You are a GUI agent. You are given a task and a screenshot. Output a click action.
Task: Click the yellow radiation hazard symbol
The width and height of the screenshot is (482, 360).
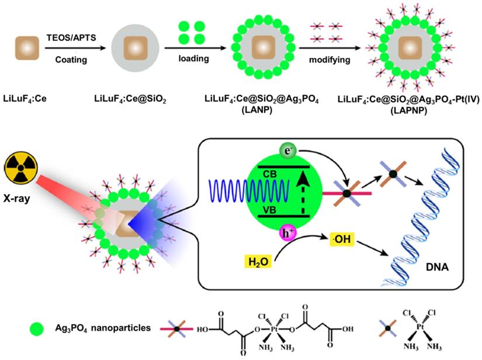pos(21,168)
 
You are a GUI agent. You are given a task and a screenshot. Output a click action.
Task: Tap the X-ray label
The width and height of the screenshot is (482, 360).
pos(17,198)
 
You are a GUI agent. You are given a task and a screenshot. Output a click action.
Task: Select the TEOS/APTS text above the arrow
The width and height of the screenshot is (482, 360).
pos(71,37)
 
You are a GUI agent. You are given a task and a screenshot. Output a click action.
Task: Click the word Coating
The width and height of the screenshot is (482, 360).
pos(71,60)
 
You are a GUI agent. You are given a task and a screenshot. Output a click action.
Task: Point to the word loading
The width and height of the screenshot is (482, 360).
pos(193,58)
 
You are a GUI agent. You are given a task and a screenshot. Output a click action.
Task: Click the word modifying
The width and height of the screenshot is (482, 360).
pos(330,60)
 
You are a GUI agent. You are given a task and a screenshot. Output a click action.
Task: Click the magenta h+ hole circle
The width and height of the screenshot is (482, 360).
pos(287,233)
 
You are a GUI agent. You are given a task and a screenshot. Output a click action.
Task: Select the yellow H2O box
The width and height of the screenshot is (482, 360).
pos(258,262)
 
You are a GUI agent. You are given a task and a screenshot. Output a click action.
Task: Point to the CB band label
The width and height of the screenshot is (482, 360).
pos(269,174)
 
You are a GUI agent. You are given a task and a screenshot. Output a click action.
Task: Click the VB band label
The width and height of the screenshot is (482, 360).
pos(269,210)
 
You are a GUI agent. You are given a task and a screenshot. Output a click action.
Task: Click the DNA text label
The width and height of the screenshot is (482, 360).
pos(437,267)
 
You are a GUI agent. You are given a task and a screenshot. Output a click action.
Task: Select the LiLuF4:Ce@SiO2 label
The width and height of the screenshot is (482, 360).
pos(130,99)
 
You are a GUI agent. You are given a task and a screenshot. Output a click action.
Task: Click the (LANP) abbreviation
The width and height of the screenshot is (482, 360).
pos(257,110)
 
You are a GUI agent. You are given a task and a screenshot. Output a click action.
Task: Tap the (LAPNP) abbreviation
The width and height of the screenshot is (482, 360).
pos(409,110)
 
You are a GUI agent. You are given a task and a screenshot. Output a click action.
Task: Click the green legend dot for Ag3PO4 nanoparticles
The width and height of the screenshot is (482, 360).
pos(37,329)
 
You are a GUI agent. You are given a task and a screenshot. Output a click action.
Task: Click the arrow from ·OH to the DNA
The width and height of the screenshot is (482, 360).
pos(372,248)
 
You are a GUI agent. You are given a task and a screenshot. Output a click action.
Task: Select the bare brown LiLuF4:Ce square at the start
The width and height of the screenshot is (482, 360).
pos(27,48)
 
